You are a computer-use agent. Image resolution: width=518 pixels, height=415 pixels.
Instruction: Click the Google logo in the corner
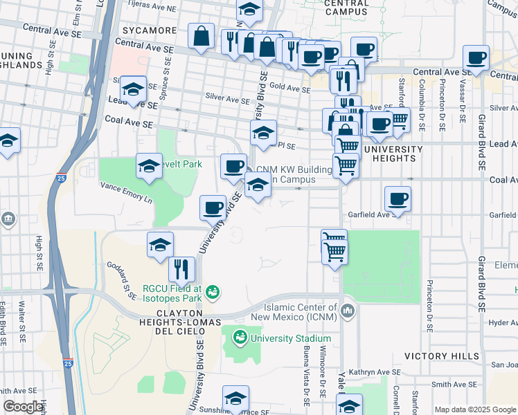point(24,407)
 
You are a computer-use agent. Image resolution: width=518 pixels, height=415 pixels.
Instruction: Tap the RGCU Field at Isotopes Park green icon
point(213,293)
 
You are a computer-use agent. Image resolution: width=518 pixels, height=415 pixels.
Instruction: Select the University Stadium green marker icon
point(240,338)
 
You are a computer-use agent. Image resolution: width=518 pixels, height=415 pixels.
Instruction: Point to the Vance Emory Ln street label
point(125,192)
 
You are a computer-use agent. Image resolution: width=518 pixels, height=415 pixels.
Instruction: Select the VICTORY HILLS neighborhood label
point(441,356)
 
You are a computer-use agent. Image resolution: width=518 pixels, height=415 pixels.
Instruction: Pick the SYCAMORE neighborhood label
point(149,31)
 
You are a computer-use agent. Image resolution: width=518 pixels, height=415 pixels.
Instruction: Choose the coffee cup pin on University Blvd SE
point(213,206)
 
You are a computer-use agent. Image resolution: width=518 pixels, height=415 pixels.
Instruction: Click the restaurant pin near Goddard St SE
point(181,268)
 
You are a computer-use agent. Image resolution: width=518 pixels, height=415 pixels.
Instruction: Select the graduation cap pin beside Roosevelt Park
point(149,166)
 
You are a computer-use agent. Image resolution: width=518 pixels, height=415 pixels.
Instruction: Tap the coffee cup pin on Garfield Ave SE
point(398,199)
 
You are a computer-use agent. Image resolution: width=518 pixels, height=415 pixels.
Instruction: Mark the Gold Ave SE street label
point(289,89)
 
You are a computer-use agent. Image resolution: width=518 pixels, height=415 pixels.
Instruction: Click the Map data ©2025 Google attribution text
point(475,409)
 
